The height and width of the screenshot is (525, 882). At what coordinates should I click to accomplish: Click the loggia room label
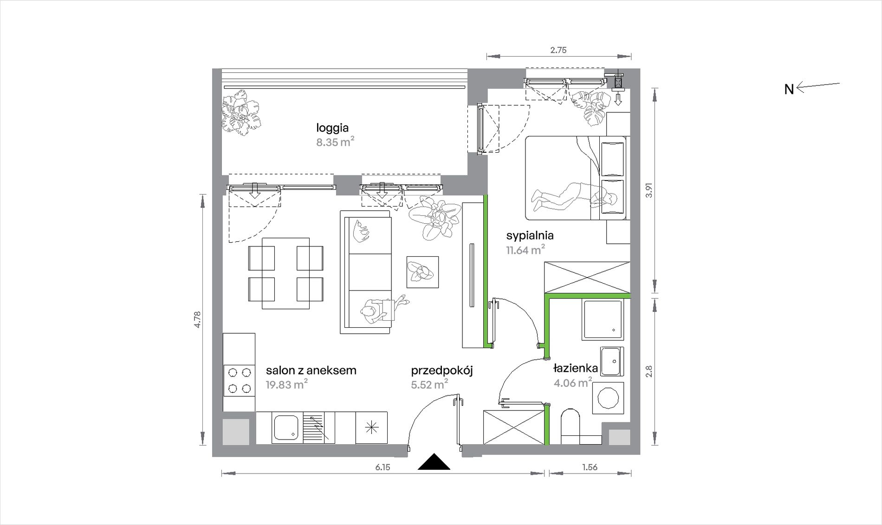332,128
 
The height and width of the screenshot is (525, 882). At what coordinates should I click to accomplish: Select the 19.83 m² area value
286,384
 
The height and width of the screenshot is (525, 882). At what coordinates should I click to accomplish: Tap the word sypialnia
530,236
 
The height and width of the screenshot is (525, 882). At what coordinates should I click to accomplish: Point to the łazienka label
576,369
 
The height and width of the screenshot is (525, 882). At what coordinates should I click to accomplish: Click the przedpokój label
442,371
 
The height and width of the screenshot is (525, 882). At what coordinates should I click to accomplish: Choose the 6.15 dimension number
383,467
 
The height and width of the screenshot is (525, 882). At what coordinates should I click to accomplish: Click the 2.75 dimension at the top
558,50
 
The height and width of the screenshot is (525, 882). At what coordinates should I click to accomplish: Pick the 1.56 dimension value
590,467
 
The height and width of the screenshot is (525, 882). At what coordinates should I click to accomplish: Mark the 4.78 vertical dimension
198,320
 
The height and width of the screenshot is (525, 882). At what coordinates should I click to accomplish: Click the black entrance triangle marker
434,463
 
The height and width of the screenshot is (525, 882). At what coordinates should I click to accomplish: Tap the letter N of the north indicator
789,89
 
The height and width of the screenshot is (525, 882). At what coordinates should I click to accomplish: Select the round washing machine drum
608,398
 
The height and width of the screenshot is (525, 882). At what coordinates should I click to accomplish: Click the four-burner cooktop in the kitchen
239,381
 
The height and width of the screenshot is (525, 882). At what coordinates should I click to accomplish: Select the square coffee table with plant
422,272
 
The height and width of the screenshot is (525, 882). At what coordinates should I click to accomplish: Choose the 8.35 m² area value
335,142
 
